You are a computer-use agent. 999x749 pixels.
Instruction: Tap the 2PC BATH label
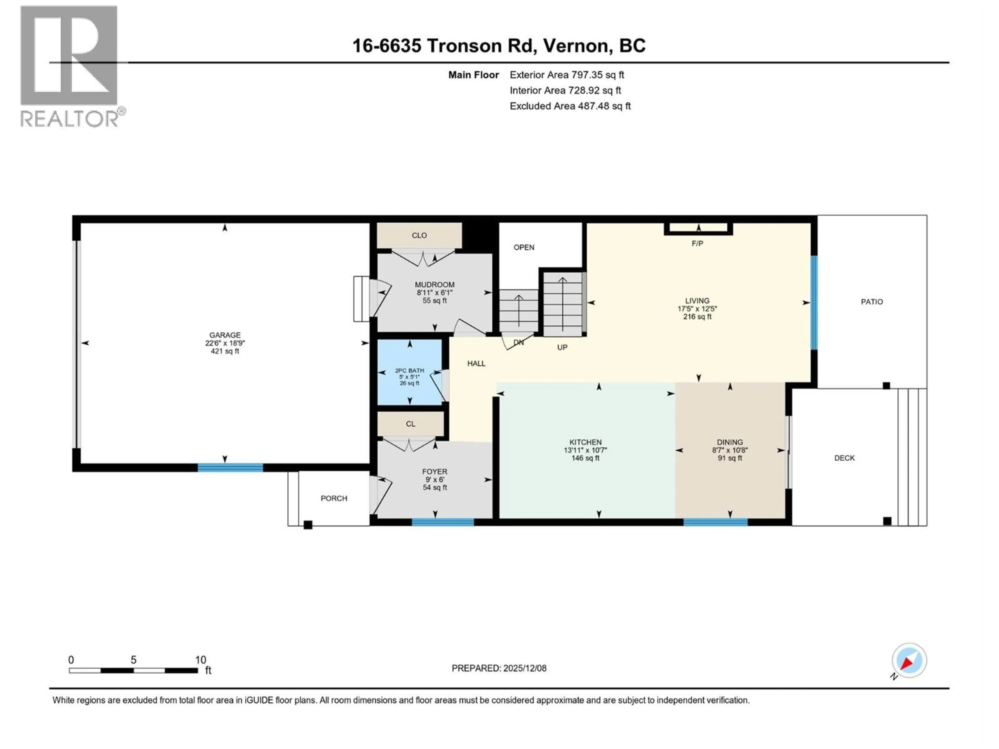(410, 370)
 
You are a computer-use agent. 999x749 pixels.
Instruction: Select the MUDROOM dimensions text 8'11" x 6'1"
(434, 293)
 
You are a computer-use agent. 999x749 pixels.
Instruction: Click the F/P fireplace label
(697, 244)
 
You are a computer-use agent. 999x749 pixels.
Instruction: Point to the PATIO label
(872, 302)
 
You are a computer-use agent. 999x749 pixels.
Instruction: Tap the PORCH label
(334, 499)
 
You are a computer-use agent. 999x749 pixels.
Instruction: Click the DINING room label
(730, 442)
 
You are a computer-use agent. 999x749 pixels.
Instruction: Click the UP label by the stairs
(562, 347)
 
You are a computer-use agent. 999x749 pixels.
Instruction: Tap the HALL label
(476, 363)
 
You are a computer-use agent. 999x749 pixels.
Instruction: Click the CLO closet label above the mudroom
(419, 235)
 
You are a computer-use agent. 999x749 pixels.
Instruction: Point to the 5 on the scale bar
(133, 660)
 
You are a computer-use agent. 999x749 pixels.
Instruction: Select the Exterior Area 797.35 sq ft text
(567, 75)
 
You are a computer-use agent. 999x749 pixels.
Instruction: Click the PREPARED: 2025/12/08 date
(499, 668)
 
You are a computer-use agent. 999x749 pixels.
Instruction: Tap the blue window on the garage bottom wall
(230, 468)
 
